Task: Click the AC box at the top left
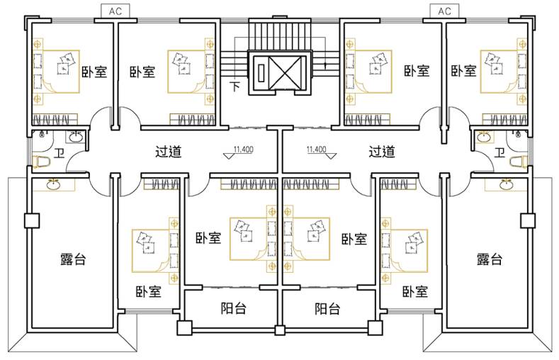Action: pyautogui.click(x=115, y=11)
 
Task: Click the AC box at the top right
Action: pyautogui.click(x=444, y=11)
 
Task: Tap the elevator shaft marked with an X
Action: pyautogui.click(x=281, y=71)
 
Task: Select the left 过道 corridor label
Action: pyautogui.click(x=169, y=151)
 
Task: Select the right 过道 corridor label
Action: pyautogui.click(x=382, y=151)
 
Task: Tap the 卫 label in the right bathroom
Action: pyautogui.click(x=499, y=152)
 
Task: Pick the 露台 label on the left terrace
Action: pyautogui.click(x=73, y=259)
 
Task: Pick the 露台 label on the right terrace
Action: pyautogui.click(x=490, y=259)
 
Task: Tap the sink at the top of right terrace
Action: pyautogui.click(x=505, y=185)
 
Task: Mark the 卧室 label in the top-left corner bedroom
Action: pyautogui.click(x=94, y=71)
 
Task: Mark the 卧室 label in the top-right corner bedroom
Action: pyautogui.click(x=463, y=71)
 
